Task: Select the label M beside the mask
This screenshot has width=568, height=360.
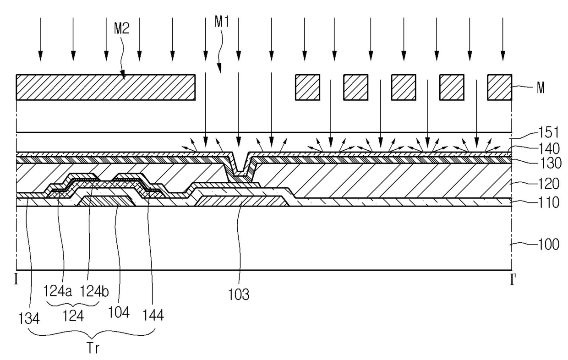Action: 541,88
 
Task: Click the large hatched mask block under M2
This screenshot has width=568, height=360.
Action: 106,87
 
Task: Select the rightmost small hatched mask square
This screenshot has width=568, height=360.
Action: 499,87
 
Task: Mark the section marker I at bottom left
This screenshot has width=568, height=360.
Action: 17,279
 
